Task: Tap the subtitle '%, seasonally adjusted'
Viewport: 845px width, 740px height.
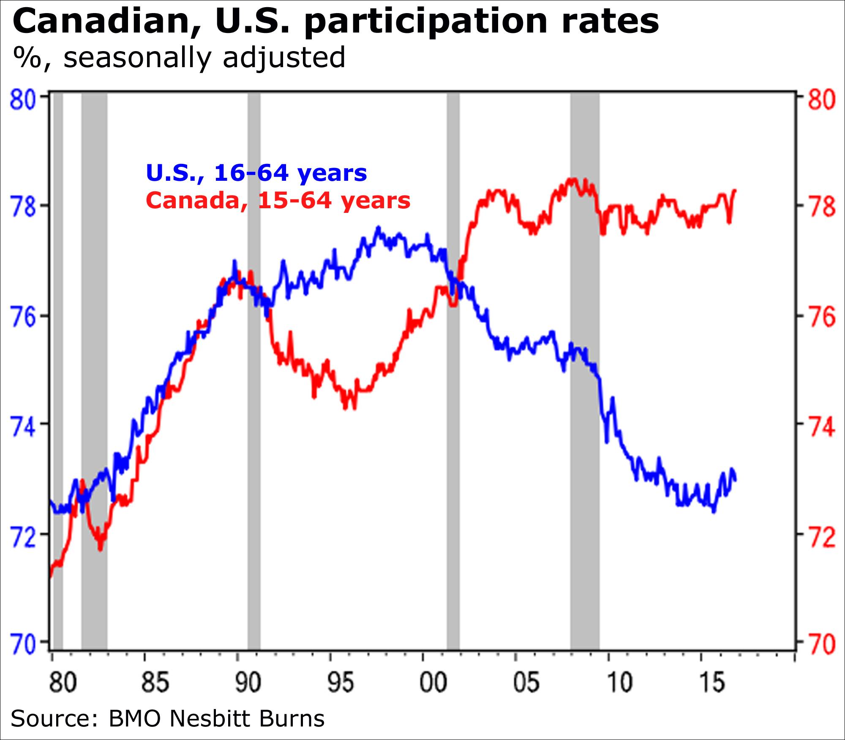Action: (x=179, y=57)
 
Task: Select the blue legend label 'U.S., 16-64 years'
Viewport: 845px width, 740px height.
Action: (x=256, y=172)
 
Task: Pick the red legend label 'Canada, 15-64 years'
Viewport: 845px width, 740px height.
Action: (x=278, y=200)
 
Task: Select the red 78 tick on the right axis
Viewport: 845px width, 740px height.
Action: (x=822, y=207)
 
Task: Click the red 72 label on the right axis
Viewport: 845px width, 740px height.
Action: (x=822, y=536)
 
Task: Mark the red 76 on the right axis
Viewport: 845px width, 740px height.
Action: (x=822, y=317)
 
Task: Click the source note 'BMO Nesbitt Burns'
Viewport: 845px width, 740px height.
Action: (x=216, y=718)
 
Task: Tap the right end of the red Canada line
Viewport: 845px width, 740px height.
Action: (x=736, y=190)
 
